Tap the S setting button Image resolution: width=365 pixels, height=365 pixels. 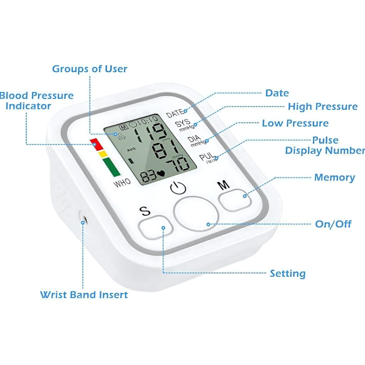[156, 228]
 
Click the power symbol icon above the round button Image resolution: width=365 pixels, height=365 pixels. [178, 188]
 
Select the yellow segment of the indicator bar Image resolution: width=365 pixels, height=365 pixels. [103, 154]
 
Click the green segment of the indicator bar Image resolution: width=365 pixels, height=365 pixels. [112, 167]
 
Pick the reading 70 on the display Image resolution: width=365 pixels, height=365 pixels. [178, 165]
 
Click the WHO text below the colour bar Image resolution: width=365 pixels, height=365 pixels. [122, 183]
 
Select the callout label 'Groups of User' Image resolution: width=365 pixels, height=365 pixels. [89, 69]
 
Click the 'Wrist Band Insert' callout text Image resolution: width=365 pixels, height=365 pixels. [84, 295]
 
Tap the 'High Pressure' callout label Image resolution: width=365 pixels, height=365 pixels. [323, 107]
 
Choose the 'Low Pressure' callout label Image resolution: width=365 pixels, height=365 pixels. [295, 123]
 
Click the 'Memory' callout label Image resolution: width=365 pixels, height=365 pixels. [334, 178]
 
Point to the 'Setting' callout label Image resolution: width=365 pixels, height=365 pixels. [287, 274]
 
